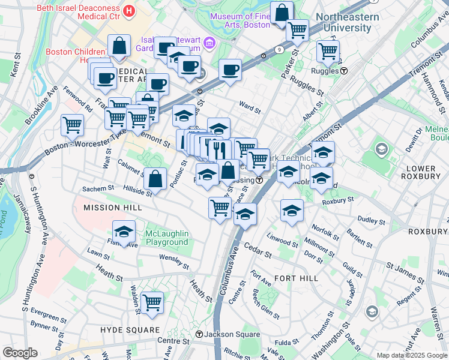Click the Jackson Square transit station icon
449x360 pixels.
199,334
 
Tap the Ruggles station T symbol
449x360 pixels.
345,71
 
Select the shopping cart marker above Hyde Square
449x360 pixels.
152,302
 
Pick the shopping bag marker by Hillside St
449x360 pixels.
155,178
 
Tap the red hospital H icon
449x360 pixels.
128,10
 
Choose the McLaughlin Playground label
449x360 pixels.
167,238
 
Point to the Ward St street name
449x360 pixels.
250,109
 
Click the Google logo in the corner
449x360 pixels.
20,352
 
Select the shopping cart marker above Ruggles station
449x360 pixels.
328,52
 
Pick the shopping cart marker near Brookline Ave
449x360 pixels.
72,125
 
